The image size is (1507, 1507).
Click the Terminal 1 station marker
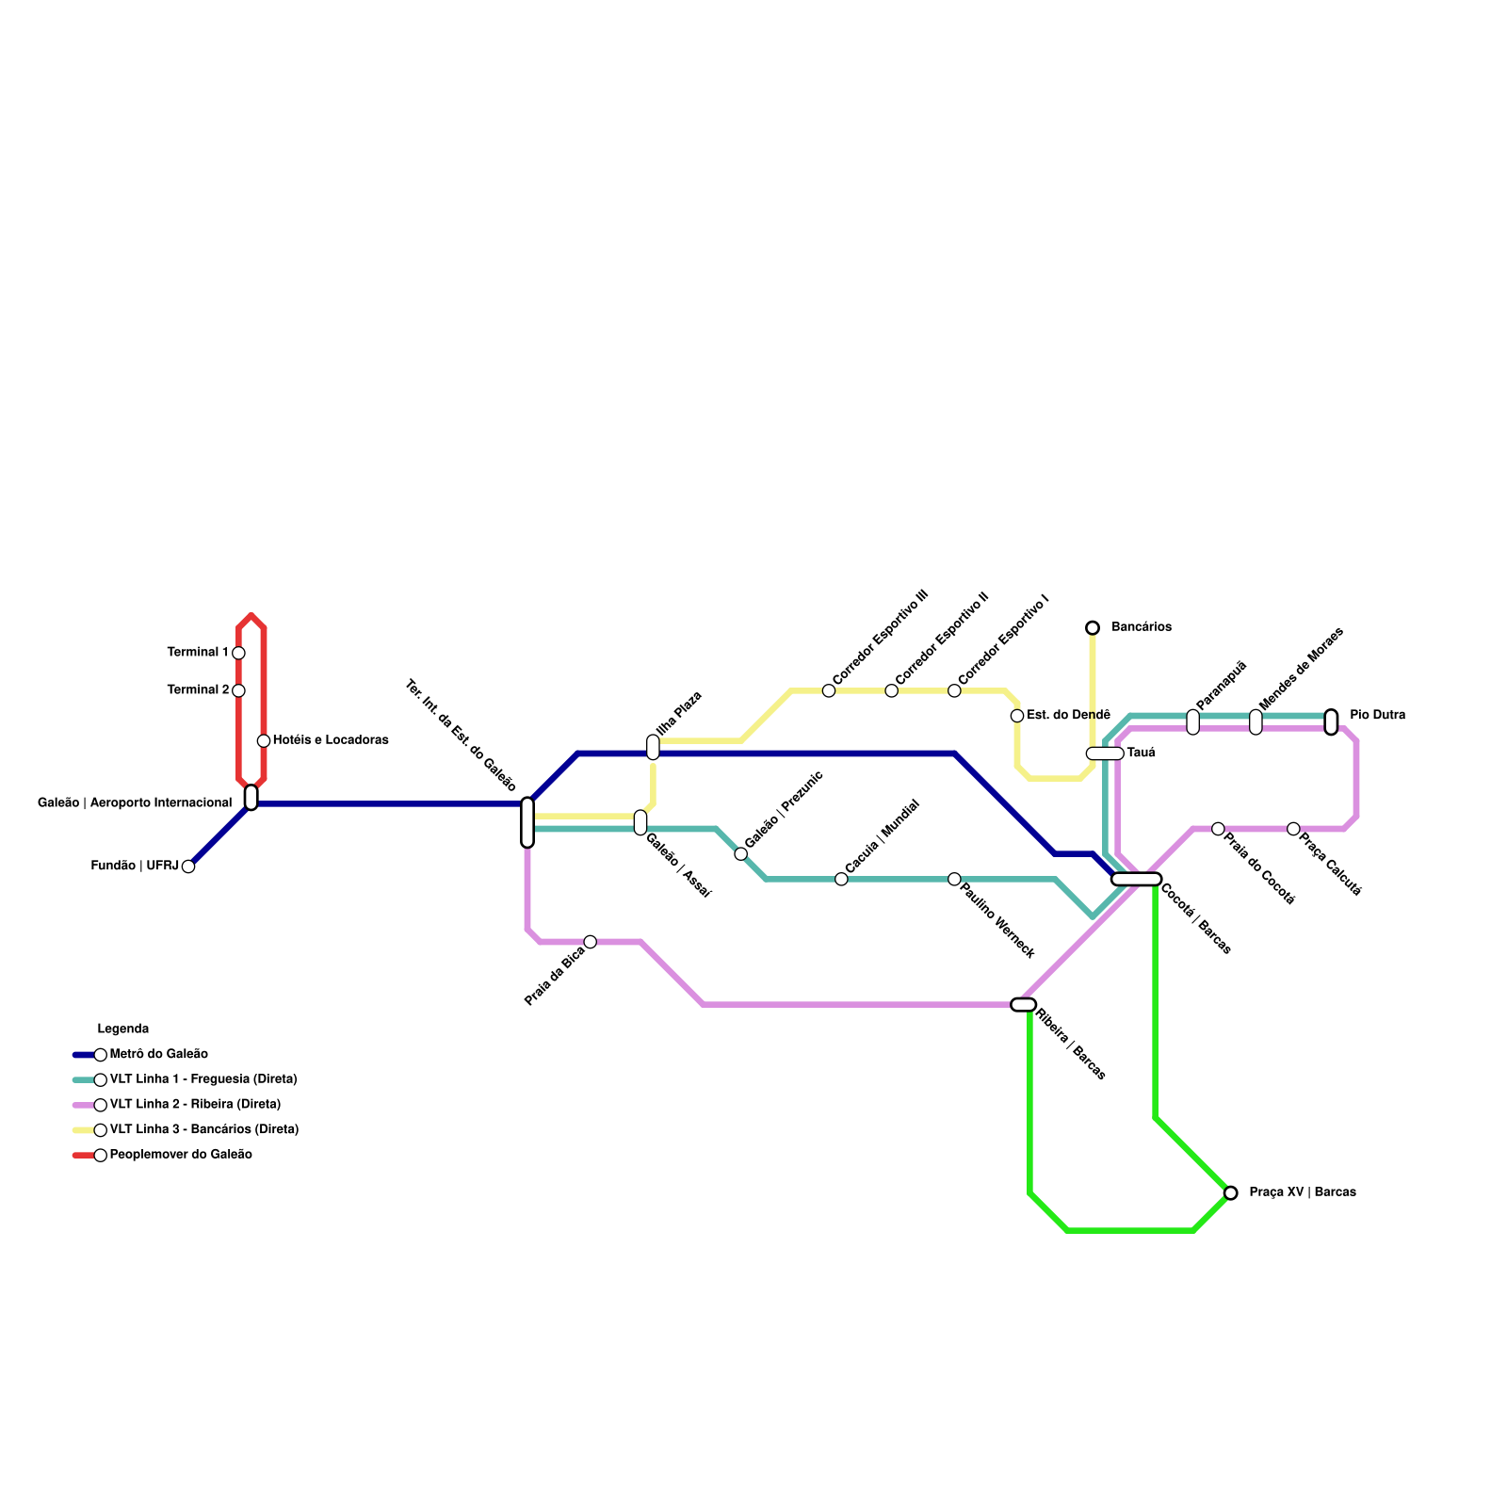[238, 653]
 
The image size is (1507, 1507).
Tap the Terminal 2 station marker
[238, 690]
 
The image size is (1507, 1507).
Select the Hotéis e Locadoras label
[331, 740]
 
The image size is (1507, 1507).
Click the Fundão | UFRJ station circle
[188, 867]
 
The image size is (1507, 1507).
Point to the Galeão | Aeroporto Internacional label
[135, 803]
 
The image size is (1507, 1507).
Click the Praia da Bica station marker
[590, 942]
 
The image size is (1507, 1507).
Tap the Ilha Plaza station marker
[653, 747]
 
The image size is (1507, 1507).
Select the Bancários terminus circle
[1093, 628]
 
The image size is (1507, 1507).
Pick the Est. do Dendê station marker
[1017, 716]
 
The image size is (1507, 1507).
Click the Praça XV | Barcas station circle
[1230, 1193]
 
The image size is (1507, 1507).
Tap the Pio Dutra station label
[1377, 716]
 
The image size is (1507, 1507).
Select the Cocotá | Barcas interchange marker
[1136, 880]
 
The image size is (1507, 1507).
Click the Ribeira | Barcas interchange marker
[1023, 1005]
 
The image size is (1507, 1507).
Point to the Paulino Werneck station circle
[954, 880]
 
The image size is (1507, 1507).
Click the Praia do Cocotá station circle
[1218, 829]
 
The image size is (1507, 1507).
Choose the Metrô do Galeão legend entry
[158, 1055]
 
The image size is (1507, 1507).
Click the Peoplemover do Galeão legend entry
[180, 1155]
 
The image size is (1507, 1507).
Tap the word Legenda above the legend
[123, 1029]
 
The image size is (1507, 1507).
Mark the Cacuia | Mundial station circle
[841, 880]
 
